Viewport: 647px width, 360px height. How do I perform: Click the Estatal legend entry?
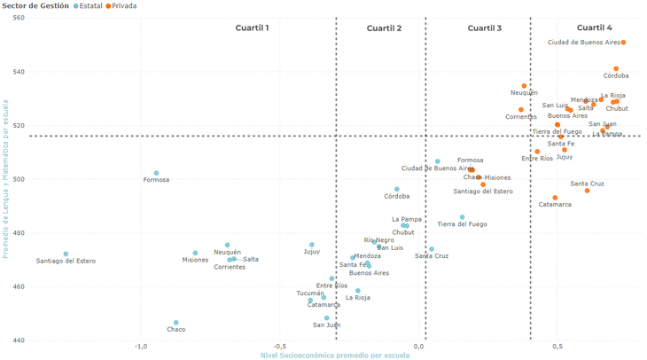(x=90, y=6)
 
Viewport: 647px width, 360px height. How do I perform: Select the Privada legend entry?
(x=123, y=6)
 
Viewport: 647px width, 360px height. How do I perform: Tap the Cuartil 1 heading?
(x=252, y=28)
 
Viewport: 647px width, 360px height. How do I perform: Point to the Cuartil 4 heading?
(x=594, y=28)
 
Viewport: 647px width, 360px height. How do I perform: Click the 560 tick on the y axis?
(x=19, y=18)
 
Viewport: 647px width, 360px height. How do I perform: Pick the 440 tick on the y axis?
(x=19, y=340)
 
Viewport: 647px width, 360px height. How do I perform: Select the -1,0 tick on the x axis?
(x=140, y=347)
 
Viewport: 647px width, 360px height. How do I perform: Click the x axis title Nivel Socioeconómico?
(x=334, y=356)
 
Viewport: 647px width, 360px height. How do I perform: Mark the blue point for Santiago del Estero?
(x=66, y=254)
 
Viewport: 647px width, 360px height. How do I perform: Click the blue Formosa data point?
(x=156, y=174)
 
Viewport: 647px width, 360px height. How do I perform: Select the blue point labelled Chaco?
(x=176, y=323)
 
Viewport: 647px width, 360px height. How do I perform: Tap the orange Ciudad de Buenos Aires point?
(x=624, y=43)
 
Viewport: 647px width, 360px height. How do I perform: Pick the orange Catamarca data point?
(x=556, y=198)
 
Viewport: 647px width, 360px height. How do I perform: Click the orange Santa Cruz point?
(x=587, y=191)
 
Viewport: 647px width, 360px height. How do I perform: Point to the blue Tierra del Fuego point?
(x=463, y=217)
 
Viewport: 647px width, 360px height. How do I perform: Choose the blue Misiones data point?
(x=196, y=254)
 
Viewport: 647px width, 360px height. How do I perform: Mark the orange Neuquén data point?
(x=524, y=86)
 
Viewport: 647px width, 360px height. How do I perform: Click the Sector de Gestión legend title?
(x=35, y=6)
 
